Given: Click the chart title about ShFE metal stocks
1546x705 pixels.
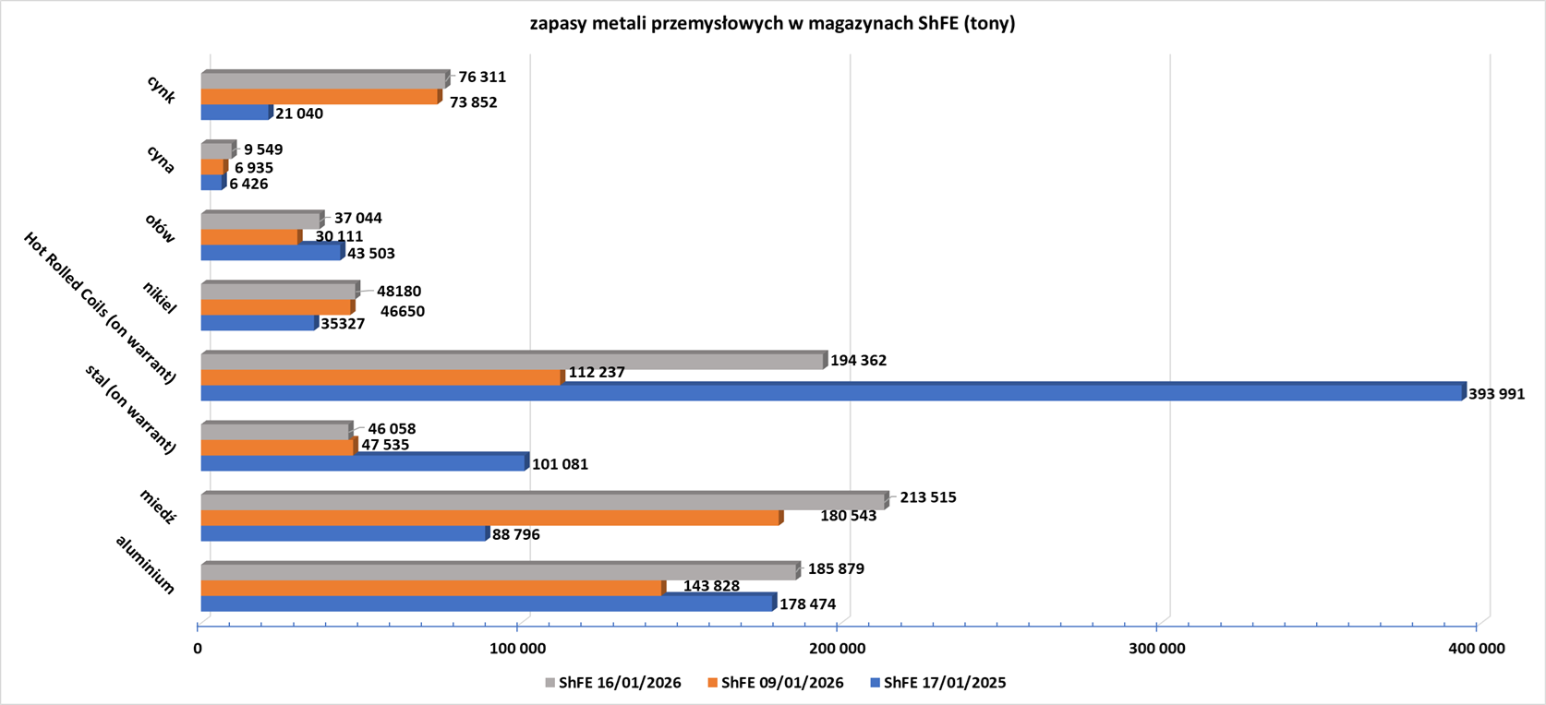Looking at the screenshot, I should (772, 24).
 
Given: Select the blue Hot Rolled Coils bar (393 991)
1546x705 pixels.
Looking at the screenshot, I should (831, 393).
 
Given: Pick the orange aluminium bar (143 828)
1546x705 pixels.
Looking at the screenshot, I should (431, 588).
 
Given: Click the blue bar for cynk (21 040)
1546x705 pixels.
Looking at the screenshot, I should (236, 113).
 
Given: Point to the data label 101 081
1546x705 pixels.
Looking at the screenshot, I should (560, 464).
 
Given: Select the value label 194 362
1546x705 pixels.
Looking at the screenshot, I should (858, 360).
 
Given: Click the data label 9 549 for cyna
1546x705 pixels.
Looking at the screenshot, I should (263, 149).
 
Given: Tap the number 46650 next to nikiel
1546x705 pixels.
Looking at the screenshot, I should (403, 311).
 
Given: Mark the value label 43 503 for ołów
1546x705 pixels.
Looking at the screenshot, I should (371, 253).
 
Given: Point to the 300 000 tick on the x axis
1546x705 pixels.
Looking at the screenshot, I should (1157, 649).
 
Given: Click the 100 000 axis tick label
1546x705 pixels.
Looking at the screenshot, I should (518, 649).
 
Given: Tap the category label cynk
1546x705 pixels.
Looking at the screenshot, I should (161, 90).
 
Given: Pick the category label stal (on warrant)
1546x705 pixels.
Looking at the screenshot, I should (130, 409).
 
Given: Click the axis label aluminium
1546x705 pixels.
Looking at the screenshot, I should (145, 564).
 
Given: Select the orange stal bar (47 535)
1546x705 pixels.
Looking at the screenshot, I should (277, 448).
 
